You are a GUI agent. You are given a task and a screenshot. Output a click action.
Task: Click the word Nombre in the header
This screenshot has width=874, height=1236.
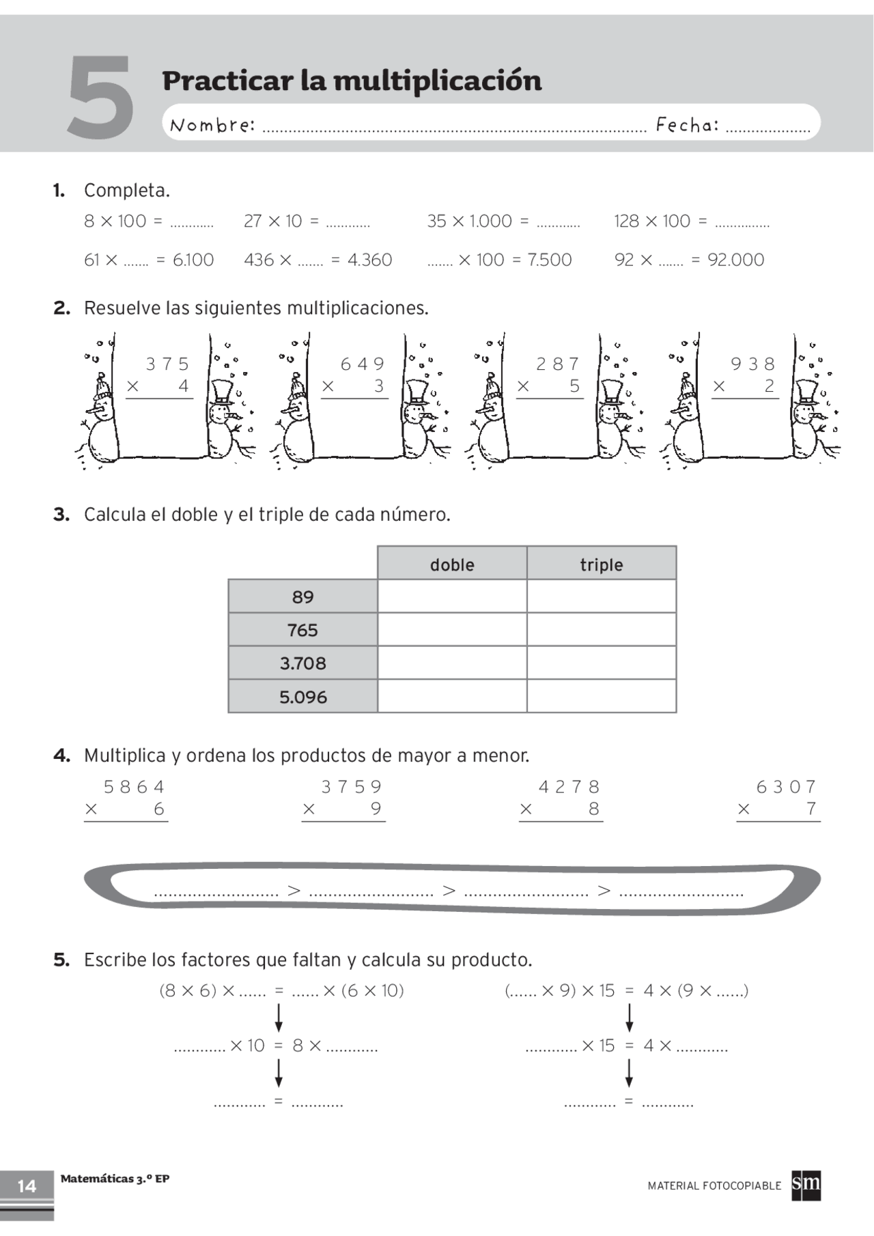212,125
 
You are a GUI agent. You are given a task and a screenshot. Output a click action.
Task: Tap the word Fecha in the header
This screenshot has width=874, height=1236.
687,125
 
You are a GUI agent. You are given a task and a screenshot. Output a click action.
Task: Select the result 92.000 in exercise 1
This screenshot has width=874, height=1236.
736,259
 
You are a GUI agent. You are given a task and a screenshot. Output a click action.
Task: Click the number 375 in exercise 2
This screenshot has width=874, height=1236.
167,364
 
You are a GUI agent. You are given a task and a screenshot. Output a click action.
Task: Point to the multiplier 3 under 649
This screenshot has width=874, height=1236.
379,386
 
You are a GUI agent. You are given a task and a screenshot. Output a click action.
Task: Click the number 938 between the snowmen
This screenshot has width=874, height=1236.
753,364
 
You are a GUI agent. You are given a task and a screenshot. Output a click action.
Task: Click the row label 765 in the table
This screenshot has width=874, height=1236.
302,630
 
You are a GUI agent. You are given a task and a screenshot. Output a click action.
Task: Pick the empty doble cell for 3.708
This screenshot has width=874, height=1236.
452,663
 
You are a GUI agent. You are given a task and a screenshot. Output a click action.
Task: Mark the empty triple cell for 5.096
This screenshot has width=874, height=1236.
602,696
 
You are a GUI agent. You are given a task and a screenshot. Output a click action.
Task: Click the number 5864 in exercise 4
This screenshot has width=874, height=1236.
134,787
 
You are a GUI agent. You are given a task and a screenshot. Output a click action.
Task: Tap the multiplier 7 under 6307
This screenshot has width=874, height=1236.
811,809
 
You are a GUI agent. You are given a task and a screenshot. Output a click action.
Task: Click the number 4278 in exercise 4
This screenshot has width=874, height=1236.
569,787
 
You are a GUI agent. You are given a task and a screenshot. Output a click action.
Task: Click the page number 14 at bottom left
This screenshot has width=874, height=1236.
27,1186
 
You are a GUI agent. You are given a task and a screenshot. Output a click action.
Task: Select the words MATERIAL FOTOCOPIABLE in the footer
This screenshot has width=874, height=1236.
714,1186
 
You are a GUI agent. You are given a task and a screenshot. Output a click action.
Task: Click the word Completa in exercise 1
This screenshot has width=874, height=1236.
127,190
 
